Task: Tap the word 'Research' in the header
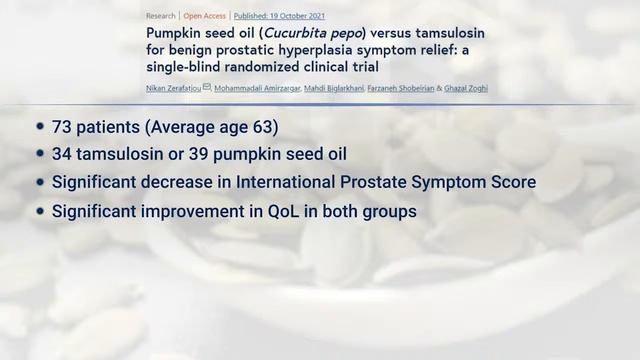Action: click(x=161, y=15)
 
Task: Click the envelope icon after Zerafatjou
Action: click(x=207, y=88)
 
